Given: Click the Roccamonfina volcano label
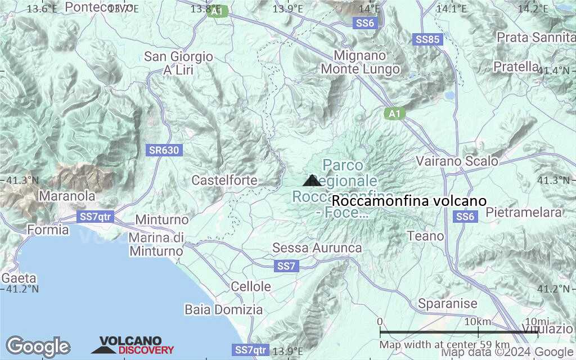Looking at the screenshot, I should coord(408,201).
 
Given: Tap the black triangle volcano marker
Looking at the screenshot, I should coord(312,181).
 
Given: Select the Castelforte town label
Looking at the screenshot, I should coord(224,181).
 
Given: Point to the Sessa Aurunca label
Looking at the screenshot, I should coord(317,248).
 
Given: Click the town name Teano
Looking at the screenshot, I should coord(425,236).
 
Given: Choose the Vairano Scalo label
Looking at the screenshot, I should coord(457,161).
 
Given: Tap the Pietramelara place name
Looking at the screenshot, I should coord(523,213).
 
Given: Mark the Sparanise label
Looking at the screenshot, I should coord(448,304).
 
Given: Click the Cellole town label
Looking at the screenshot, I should coord(251,286).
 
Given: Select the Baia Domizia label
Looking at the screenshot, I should coord(223,309).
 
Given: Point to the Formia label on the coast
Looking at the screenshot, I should coord(48,229).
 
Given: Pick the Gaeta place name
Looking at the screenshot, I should coord(19,278).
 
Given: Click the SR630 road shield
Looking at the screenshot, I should coord(164,150).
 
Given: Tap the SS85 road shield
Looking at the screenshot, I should coord(427,40).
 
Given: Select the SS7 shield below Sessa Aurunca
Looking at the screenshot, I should coord(286,266).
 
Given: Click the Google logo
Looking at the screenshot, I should coord(38,346).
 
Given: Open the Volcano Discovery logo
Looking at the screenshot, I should coord(133,345).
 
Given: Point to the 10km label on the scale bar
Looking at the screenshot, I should coord(478,321).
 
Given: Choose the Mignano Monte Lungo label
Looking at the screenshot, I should coord(360,62).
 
